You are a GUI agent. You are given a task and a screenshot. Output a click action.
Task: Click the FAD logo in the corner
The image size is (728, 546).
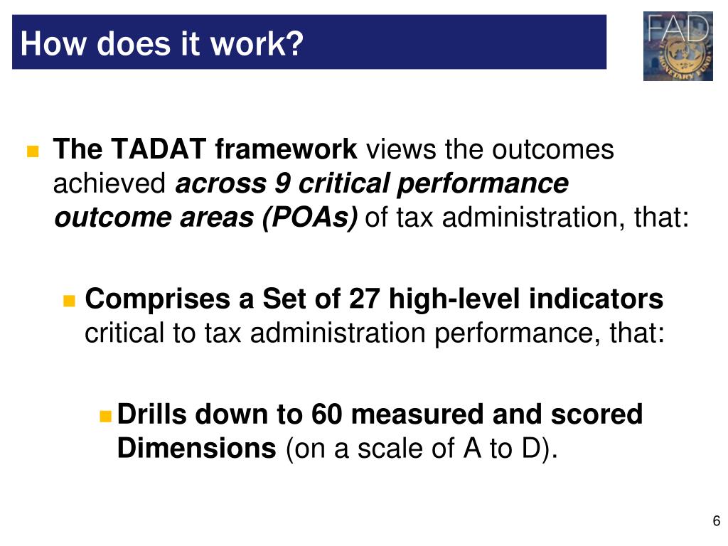tap(678, 46)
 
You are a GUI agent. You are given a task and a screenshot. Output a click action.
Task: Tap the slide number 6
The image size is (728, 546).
tap(717, 520)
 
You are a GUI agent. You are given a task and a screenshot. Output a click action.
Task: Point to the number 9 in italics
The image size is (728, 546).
tap(281, 183)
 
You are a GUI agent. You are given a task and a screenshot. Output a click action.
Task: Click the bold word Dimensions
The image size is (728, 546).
tap(196, 448)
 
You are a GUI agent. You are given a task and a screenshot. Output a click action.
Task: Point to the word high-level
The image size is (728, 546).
tap(456, 299)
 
